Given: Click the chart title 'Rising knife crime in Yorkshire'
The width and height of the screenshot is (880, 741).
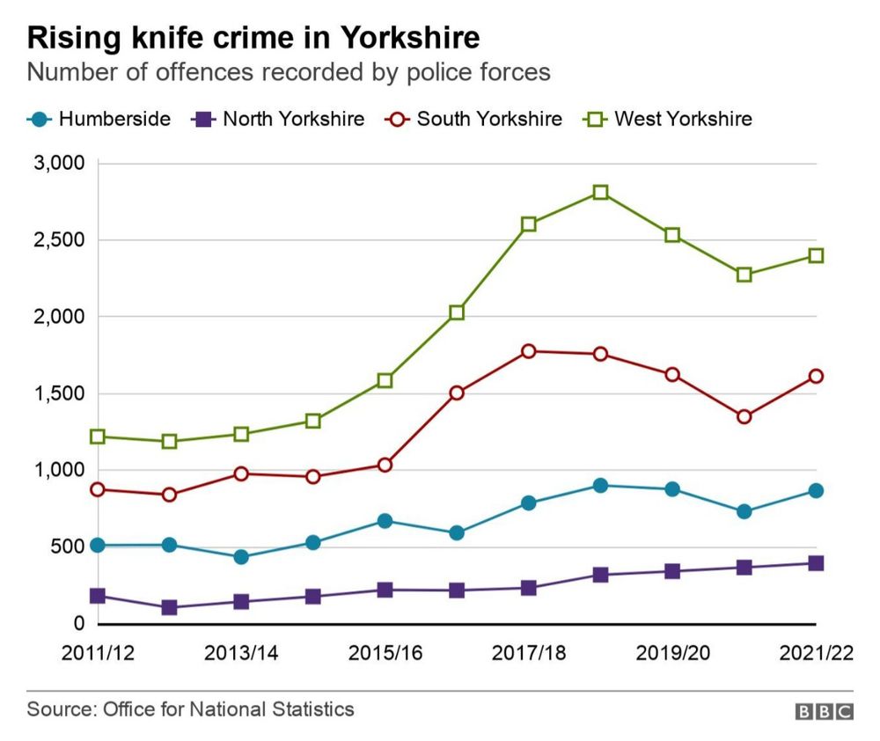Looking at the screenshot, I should point(253,38).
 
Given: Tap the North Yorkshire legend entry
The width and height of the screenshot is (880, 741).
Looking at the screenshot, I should point(278,119).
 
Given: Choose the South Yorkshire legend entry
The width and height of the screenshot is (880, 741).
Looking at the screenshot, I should point(474,119).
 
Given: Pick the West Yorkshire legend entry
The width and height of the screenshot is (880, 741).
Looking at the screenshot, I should point(669,119).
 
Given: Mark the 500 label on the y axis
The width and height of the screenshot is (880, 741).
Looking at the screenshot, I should point(66,547).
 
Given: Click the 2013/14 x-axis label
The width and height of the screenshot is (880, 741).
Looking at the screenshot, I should point(240,653).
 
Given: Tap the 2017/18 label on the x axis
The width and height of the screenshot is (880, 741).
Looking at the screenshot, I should point(528,653).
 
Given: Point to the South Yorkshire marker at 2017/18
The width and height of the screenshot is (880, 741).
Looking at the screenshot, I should point(528,351).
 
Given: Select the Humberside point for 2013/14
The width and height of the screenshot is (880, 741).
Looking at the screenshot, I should point(241,557).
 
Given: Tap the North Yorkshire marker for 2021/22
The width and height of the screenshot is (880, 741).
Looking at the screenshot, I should point(816,563).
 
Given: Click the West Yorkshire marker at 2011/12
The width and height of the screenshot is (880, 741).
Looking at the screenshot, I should point(98,437).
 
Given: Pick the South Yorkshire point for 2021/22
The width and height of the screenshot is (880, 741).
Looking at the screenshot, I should point(816,376).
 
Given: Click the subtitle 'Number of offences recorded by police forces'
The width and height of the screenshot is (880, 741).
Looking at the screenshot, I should point(289,72).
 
